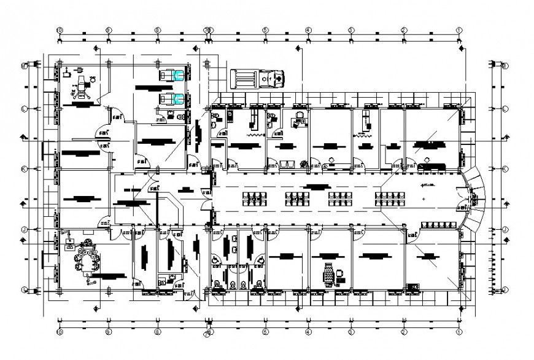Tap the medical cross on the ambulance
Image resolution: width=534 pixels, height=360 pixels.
(x=279, y=79)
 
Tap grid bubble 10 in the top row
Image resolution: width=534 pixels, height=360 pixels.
(x=60, y=29)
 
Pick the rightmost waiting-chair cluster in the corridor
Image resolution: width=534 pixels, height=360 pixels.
(x=387, y=197)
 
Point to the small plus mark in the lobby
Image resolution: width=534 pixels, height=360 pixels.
(x=424, y=200)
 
